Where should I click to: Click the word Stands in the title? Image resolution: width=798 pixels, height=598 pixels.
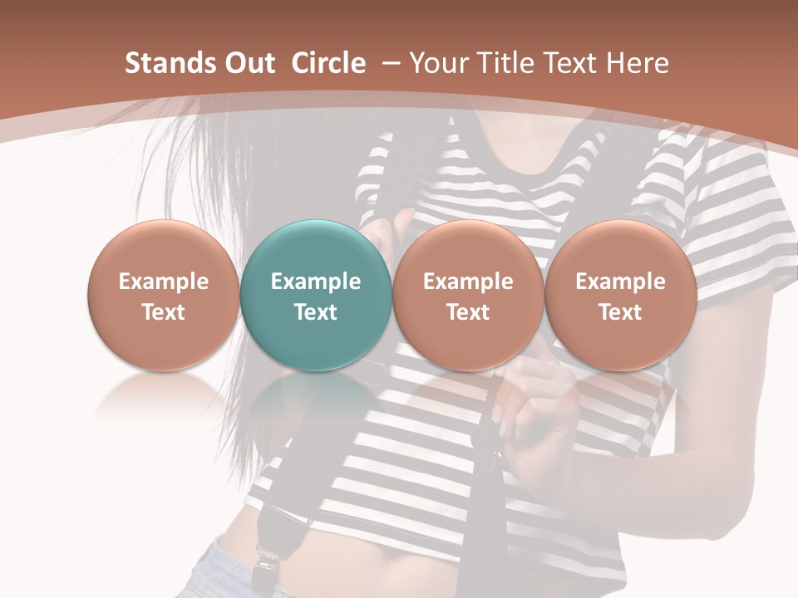pyautogui.click(x=164, y=63)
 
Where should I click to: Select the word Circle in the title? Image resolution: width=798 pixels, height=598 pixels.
pyautogui.click(x=328, y=63)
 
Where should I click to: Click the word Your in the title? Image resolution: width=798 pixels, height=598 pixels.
pyautogui.click(x=436, y=63)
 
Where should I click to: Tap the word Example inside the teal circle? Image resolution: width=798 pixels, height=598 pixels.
pyautogui.click(x=316, y=282)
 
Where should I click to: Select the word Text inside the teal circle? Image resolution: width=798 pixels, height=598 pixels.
pyautogui.click(x=316, y=312)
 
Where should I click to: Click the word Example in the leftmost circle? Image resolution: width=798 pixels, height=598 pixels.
pyautogui.click(x=164, y=282)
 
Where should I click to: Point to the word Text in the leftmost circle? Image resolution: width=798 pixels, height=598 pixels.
pyautogui.click(x=164, y=312)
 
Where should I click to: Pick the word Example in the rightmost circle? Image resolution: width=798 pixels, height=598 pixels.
pyautogui.click(x=620, y=282)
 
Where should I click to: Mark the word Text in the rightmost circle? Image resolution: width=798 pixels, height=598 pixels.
pyautogui.click(x=620, y=312)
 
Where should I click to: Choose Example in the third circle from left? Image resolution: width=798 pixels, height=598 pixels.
pyautogui.click(x=468, y=282)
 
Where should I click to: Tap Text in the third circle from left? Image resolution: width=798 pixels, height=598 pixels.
pyautogui.click(x=468, y=312)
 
